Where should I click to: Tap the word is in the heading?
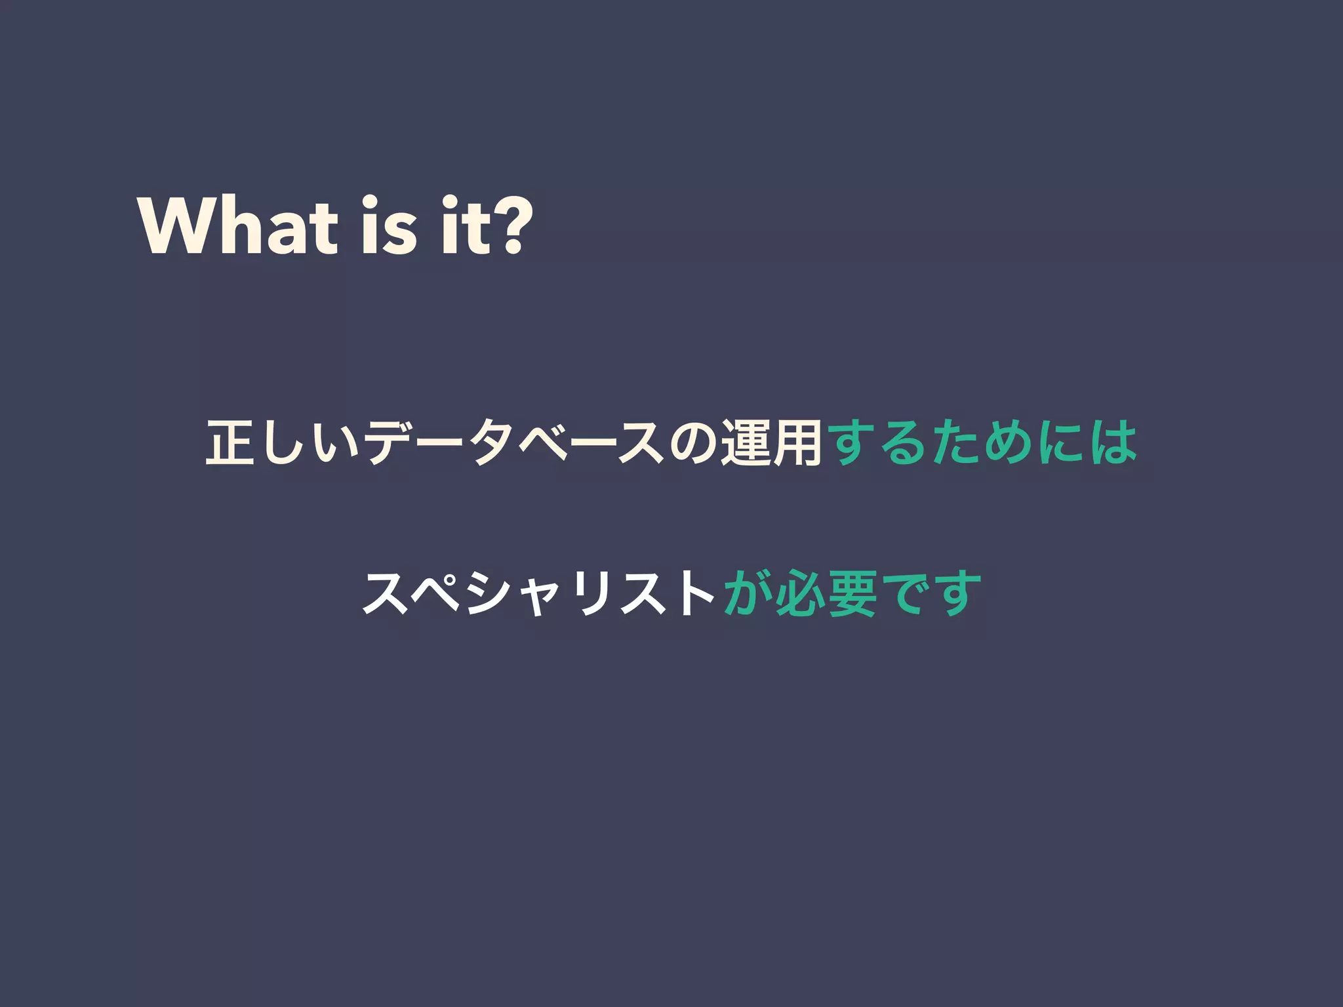389,227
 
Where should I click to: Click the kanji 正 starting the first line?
230,443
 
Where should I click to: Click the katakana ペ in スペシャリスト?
439,594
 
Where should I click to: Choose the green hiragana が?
748,594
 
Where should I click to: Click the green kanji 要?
852,594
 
